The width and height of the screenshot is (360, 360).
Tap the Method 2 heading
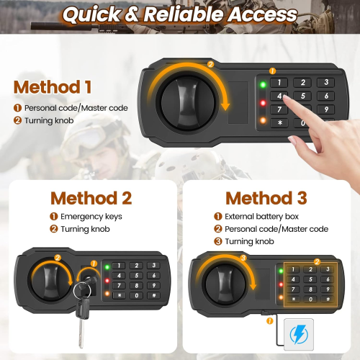[91, 197]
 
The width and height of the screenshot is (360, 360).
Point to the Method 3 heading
[266, 197]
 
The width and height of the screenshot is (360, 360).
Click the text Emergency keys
[91, 216]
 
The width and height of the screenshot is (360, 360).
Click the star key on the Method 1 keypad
[279, 123]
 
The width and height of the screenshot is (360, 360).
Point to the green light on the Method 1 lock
[264, 85]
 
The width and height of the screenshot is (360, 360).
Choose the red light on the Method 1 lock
[264, 102]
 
